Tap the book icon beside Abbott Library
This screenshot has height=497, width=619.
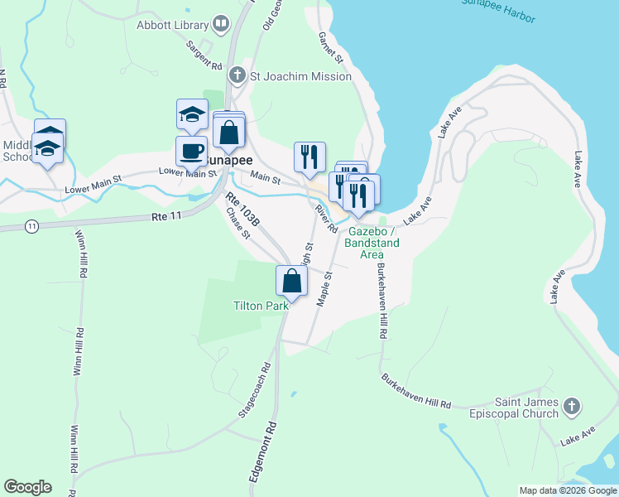[220, 25]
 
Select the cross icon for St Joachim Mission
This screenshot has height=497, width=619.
[237, 76]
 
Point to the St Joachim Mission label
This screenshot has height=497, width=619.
[301, 76]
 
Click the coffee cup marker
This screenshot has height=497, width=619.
[192, 152]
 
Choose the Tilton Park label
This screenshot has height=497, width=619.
[261, 306]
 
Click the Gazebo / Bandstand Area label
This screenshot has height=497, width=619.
[374, 237]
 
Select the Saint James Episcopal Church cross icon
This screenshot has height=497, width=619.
[571, 406]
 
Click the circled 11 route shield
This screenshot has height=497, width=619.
[31, 225]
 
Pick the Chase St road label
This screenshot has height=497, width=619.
[238, 224]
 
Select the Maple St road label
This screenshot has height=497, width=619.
[324, 287]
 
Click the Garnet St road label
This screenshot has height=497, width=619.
[331, 48]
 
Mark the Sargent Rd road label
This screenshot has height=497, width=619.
[204, 55]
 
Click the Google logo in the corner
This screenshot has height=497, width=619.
[27, 487]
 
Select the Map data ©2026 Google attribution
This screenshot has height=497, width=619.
[568, 490]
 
